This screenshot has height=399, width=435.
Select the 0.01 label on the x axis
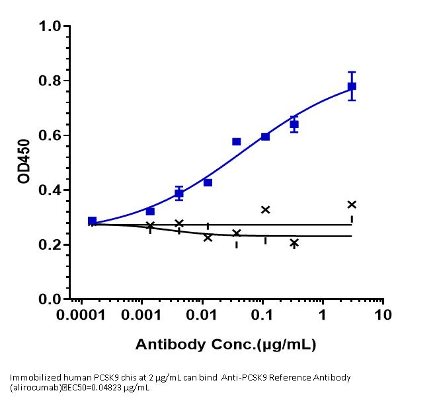tap(203, 316)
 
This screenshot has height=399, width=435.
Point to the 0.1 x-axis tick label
tap(263, 316)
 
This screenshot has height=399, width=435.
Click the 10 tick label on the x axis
tap(383, 316)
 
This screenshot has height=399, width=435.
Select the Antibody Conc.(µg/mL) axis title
tap(225, 344)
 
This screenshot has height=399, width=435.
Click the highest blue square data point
tap(352, 86)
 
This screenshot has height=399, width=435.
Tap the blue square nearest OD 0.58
tap(236, 141)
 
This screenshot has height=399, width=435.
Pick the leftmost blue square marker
tap(92, 221)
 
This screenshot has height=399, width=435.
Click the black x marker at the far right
tap(352, 204)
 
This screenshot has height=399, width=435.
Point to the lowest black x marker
tap(294, 243)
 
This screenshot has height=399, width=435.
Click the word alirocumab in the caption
tap(34, 388)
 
